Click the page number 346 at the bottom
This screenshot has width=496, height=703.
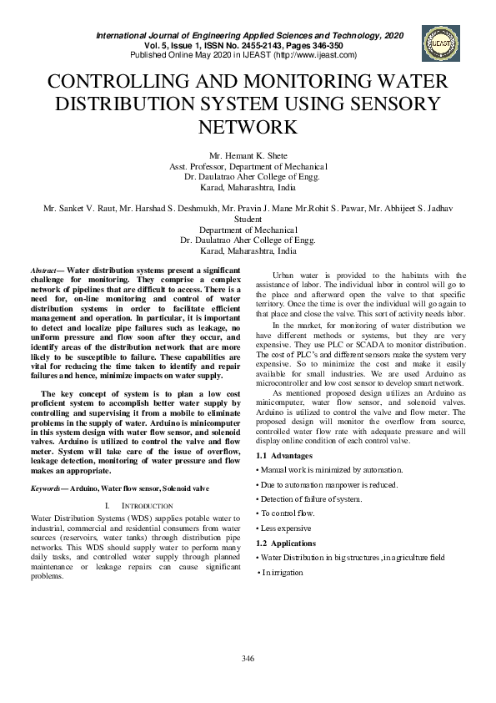tap(248, 660)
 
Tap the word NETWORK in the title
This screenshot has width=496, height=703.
tap(248, 127)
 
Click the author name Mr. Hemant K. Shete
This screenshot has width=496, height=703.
tap(248, 155)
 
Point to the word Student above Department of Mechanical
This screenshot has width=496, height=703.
tap(248, 220)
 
